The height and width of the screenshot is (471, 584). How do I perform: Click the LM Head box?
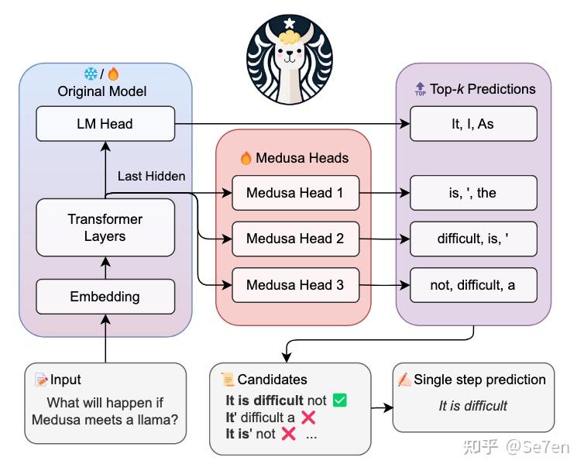[x=105, y=124]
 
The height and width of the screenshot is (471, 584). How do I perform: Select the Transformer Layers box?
[x=105, y=228]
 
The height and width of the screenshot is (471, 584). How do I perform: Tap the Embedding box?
[x=105, y=297]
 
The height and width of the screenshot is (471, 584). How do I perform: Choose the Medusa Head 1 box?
[x=295, y=193]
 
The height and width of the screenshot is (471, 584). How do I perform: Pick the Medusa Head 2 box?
[x=295, y=239]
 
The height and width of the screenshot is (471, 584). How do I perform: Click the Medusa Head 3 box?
[x=295, y=285]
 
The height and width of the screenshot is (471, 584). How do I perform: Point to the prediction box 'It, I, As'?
[x=472, y=124]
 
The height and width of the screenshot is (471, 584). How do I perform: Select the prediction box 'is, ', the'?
[x=472, y=193]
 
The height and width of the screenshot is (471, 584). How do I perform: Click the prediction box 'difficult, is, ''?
[x=472, y=239]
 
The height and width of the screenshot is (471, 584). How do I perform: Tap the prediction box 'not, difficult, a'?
[x=472, y=285]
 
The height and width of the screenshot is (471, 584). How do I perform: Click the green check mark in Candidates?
[x=339, y=401]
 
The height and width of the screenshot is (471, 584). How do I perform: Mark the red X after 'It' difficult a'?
[x=308, y=418]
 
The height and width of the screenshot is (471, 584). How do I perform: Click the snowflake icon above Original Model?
[x=91, y=74]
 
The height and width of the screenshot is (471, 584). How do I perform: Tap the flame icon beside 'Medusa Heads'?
[x=246, y=158]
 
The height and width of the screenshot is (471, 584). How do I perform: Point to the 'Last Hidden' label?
[x=151, y=176]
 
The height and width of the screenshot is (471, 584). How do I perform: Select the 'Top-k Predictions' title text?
[x=483, y=89]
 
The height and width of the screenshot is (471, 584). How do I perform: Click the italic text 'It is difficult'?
[x=473, y=406]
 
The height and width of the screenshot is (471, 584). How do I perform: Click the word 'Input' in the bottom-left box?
[x=66, y=380]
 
